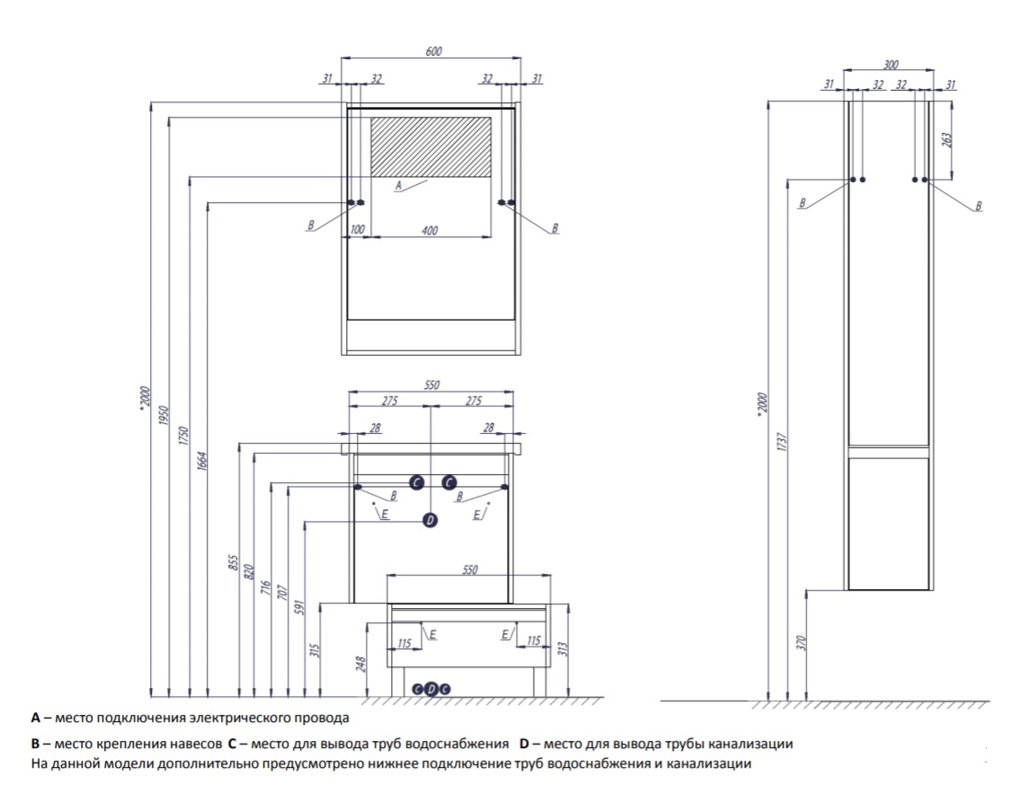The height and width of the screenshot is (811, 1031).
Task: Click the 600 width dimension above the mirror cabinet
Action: point(432,52)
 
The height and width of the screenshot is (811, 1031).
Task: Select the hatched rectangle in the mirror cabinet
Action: point(431,145)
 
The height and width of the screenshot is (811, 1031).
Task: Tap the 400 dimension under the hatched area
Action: point(430,231)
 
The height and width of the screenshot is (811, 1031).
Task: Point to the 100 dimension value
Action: point(358,231)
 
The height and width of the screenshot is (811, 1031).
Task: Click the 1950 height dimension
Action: point(163,418)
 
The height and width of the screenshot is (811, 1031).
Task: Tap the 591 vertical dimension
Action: point(300,605)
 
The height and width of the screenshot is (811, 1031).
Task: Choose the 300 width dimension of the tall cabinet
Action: point(891,65)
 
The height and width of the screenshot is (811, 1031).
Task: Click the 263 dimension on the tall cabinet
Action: point(947,140)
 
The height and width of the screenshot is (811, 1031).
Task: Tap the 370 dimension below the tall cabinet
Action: point(802,642)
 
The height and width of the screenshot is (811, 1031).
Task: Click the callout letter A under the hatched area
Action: point(398,186)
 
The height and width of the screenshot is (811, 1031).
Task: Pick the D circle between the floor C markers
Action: point(431,689)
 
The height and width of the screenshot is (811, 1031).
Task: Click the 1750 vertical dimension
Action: point(182,436)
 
